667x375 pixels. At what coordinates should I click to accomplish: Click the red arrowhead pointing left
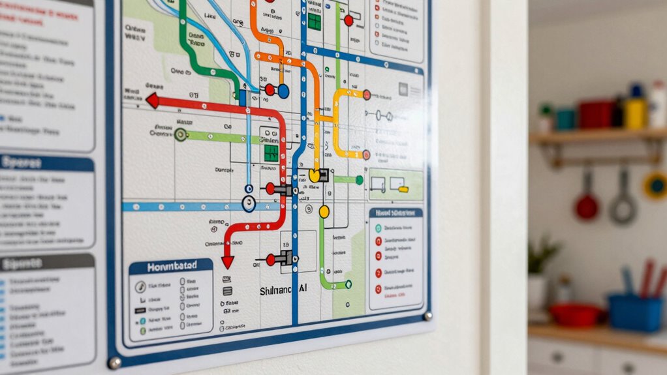tap(153, 100)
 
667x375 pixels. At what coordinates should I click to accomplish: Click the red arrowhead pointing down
tap(227, 262)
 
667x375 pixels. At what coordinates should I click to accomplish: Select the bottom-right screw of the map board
tap(427, 316)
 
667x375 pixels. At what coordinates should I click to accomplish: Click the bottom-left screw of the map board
tap(115, 362)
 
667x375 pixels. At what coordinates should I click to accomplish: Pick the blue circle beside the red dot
tap(283, 91)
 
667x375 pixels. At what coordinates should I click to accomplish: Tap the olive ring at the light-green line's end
tap(181, 134)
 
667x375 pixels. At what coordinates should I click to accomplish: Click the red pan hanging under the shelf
tap(586, 205)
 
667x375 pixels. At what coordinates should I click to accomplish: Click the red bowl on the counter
tap(575, 314)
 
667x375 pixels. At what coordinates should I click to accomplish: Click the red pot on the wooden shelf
tap(596, 114)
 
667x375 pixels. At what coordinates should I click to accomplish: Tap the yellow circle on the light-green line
tap(324, 211)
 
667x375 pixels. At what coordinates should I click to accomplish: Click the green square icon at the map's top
tap(315, 21)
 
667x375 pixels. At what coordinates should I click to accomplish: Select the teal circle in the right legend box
tap(378, 228)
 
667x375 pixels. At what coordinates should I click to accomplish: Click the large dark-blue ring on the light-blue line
tap(249, 204)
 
